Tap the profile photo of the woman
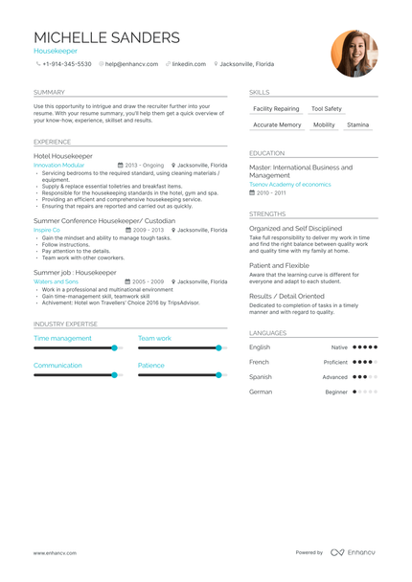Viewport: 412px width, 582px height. coord(355,54)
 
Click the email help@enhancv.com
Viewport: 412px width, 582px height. coord(126,64)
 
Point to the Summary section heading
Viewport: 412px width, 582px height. coord(49,92)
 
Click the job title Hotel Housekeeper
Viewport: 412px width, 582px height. coord(63,155)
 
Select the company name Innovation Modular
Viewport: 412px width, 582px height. coord(59,165)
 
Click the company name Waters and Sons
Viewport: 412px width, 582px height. coord(55,282)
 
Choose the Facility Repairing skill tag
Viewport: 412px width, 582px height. coord(276,109)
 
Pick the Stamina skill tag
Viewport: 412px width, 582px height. coord(357,124)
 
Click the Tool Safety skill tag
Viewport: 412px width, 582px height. coord(327,109)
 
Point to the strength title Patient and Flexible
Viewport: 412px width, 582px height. coord(279,265)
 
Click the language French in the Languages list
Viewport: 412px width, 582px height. coord(259,362)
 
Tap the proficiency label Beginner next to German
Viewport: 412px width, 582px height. coord(336,392)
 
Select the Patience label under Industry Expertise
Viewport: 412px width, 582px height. coord(151,365)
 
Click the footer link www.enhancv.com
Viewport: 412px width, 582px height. coord(55,552)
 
